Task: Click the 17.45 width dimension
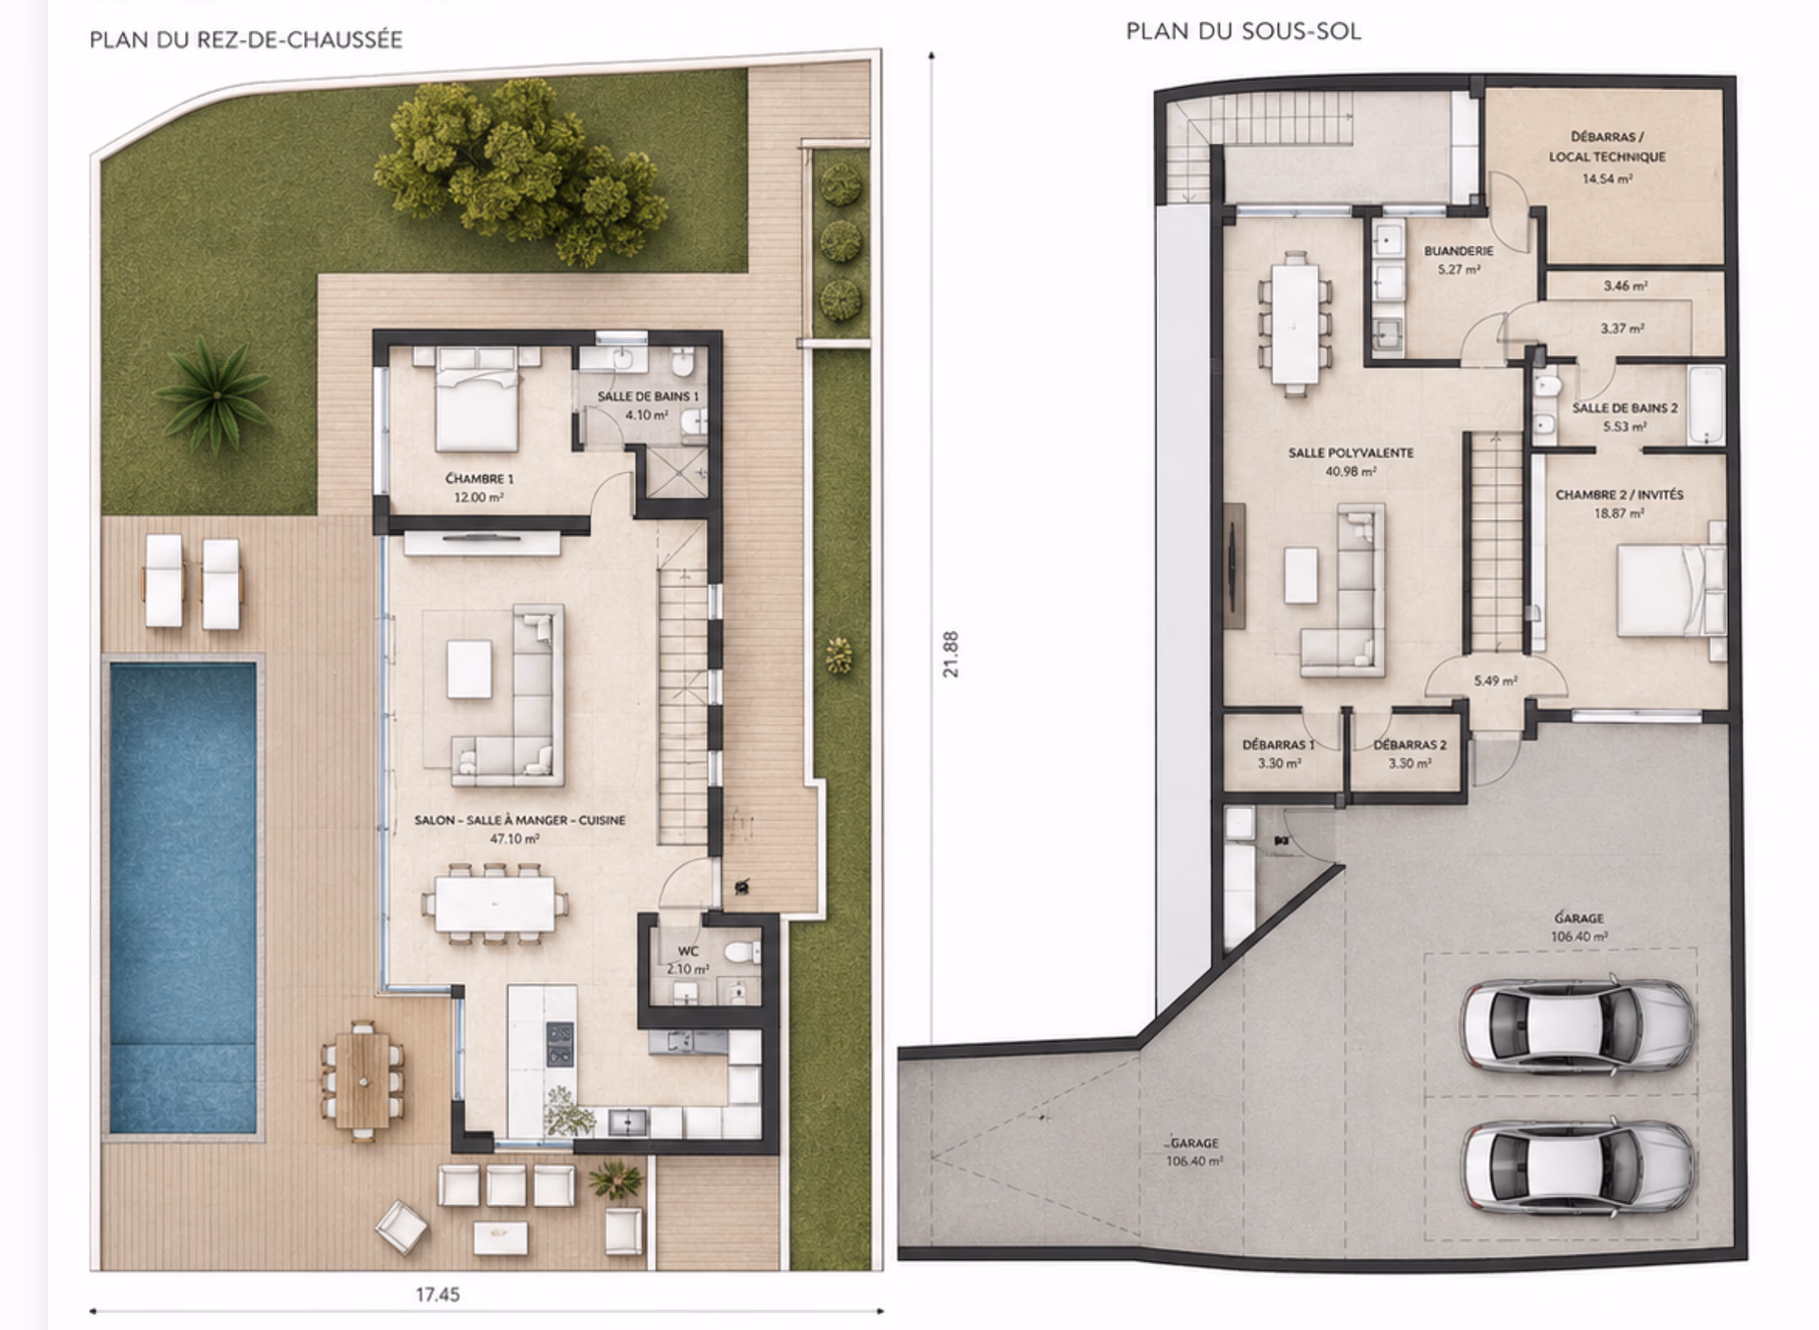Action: click(438, 1294)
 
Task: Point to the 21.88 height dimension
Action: click(951, 654)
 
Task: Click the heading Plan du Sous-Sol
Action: click(1243, 31)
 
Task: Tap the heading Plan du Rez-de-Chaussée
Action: click(246, 40)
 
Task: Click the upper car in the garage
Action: click(1576, 1024)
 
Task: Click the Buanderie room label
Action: click(1458, 251)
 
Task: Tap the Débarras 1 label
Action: click(1278, 746)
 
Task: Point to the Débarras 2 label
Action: click(1410, 746)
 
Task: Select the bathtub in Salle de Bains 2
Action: click(1705, 404)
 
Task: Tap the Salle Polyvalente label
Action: click(1350, 453)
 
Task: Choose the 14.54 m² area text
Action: click(1607, 179)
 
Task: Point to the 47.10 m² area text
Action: click(514, 838)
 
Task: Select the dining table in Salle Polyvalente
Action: click(1293, 323)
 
